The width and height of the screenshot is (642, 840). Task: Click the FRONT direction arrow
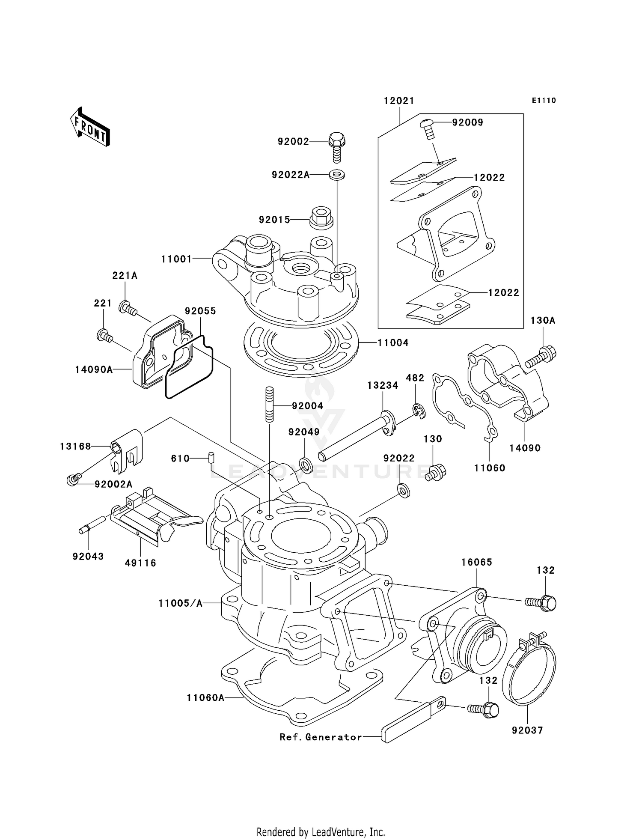coord(90,127)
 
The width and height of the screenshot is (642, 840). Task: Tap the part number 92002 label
coord(293,141)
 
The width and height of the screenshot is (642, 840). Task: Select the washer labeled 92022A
coord(337,175)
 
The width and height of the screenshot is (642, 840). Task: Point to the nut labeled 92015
coord(321,217)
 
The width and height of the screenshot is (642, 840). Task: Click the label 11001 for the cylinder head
coord(176,259)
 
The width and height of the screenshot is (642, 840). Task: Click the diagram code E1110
coord(544,101)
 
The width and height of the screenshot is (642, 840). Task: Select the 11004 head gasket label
coord(393,343)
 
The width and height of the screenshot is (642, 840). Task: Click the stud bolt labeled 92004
coord(270,404)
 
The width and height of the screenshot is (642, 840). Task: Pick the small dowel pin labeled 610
coord(211,457)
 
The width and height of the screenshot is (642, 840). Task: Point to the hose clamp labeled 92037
coord(529,670)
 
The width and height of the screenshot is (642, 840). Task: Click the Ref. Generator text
coord(321,737)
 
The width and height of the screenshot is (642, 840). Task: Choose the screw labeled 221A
coord(128,308)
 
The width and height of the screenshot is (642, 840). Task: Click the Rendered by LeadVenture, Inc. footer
coord(321,832)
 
